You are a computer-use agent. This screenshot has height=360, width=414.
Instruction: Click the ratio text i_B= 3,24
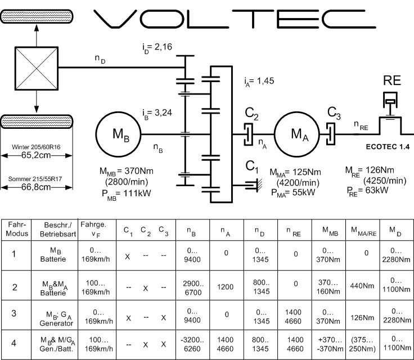[158, 112]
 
